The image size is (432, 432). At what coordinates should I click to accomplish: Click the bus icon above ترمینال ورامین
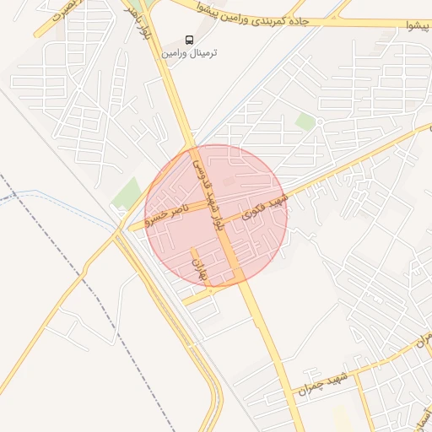pos(189,40)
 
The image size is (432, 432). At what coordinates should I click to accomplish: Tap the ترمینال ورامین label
pos(196,53)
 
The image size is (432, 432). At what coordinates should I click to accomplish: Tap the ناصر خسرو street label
pos(165,215)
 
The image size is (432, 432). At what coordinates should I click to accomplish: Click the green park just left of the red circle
pos(129,193)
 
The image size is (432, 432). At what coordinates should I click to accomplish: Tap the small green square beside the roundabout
pos(305,123)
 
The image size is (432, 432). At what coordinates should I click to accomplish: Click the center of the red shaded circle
pos(216,216)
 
